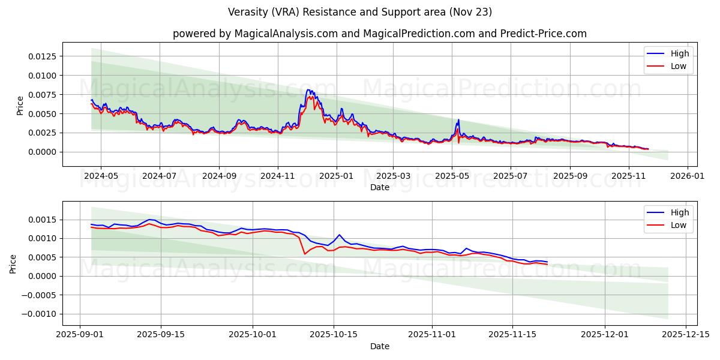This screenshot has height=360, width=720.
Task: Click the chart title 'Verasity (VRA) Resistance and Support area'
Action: tap(360, 12)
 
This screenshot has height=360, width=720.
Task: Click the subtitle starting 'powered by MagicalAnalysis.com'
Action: tap(379, 34)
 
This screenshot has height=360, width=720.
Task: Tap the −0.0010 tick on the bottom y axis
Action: tap(40, 314)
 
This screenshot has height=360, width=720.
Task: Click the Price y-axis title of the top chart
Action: tap(20, 105)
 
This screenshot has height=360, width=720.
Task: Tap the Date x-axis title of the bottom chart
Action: tap(379, 346)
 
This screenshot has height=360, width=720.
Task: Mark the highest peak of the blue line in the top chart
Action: tap(308, 90)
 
